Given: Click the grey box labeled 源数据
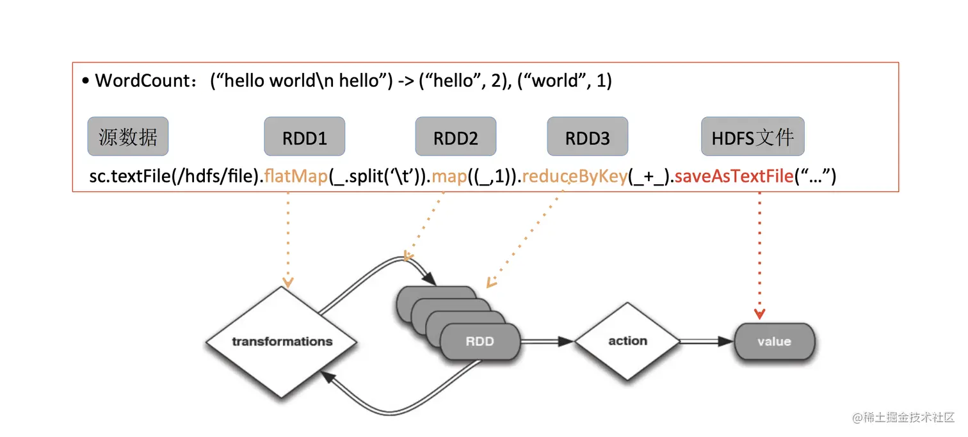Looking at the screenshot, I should coord(128,136).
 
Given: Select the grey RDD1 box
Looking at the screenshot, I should coord(305,136).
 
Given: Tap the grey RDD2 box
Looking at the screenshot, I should coord(456,136).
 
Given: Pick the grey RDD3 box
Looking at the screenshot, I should coord(588,136).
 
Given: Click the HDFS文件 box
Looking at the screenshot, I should coord(753,136).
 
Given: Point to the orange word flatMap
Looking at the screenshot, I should coord(296,177).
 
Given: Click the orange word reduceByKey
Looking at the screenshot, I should coord(574,177).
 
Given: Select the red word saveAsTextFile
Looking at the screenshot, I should coord(734,177).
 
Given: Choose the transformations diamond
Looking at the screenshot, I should coord(282,341).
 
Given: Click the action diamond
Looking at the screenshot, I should coord(627,341).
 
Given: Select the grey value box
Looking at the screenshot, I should coord(774,342).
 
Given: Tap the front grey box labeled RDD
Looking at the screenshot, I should coord(480,342).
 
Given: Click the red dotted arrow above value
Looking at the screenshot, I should coord(759,256).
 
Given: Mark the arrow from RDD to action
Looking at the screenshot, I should coord(547,342).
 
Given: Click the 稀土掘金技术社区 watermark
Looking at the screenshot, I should coord(903,418).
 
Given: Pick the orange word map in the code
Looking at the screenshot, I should coord(449,177).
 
